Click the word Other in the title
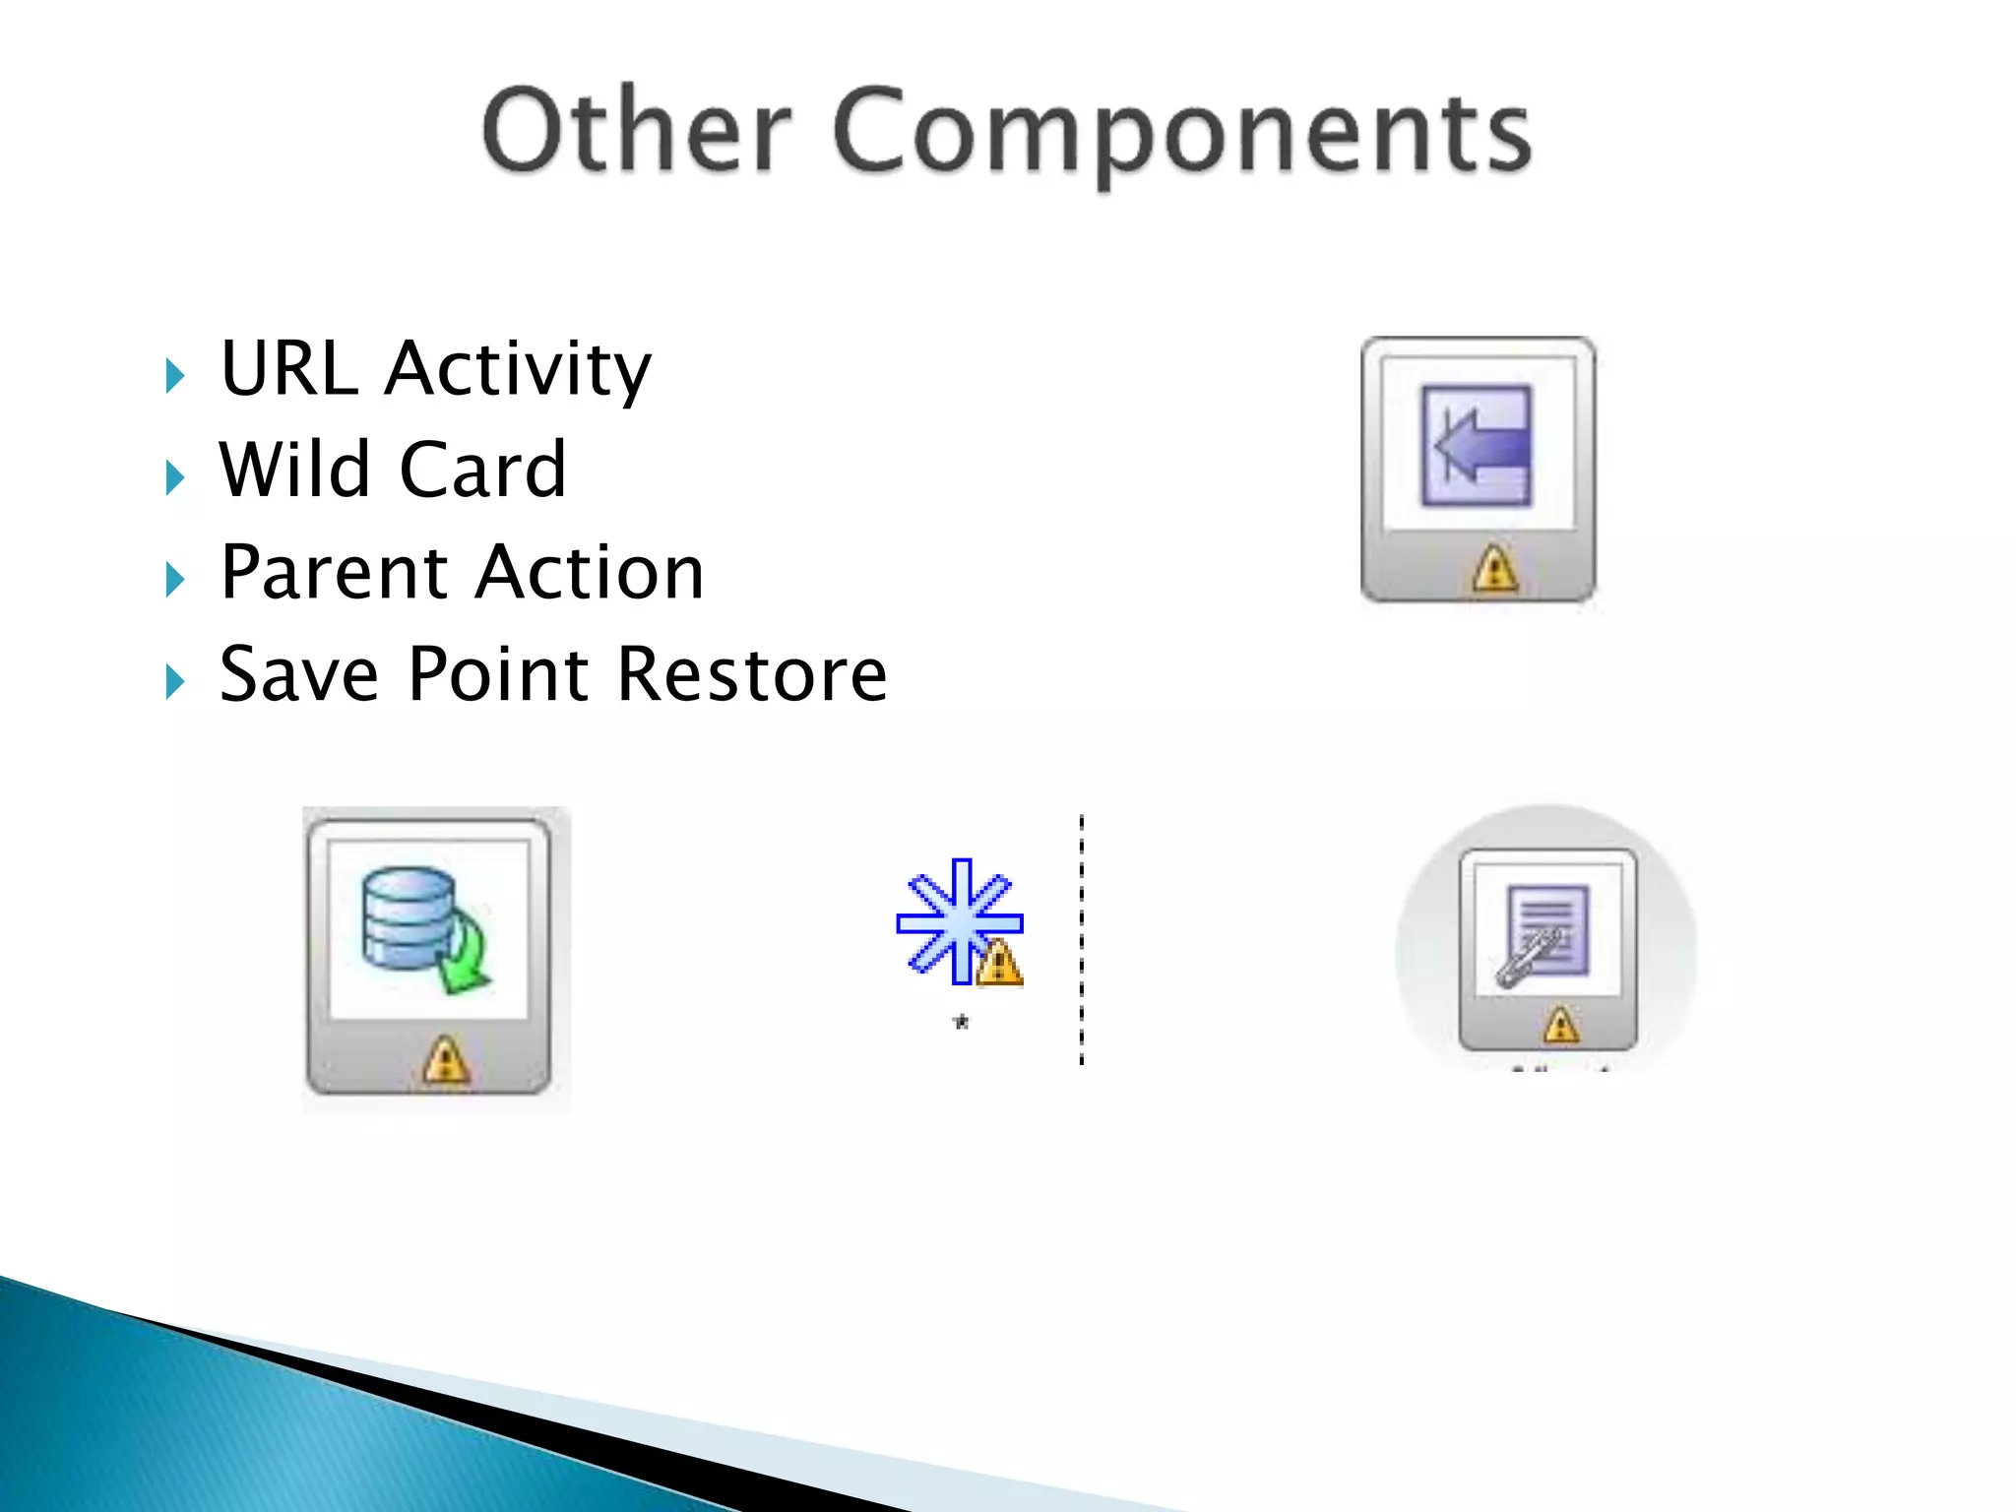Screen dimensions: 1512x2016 [637, 131]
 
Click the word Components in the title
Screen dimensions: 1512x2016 [1181, 135]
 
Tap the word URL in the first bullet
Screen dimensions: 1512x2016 [288, 368]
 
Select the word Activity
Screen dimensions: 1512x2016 [518, 370]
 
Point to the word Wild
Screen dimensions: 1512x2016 [295, 470]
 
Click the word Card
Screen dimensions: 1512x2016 [482, 470]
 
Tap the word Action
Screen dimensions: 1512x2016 [590, 573]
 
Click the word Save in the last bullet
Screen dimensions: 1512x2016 [298, 675]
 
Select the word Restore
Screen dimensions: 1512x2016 [753, 675]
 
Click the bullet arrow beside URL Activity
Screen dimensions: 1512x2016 [175, 376]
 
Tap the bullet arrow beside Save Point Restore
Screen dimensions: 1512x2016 [175, 681]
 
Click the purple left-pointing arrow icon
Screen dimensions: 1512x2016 [1477, 446]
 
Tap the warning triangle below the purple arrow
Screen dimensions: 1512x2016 [1495, 569]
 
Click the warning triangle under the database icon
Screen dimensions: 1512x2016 [445, 1061]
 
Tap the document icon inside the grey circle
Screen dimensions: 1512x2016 [1546, 930]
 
